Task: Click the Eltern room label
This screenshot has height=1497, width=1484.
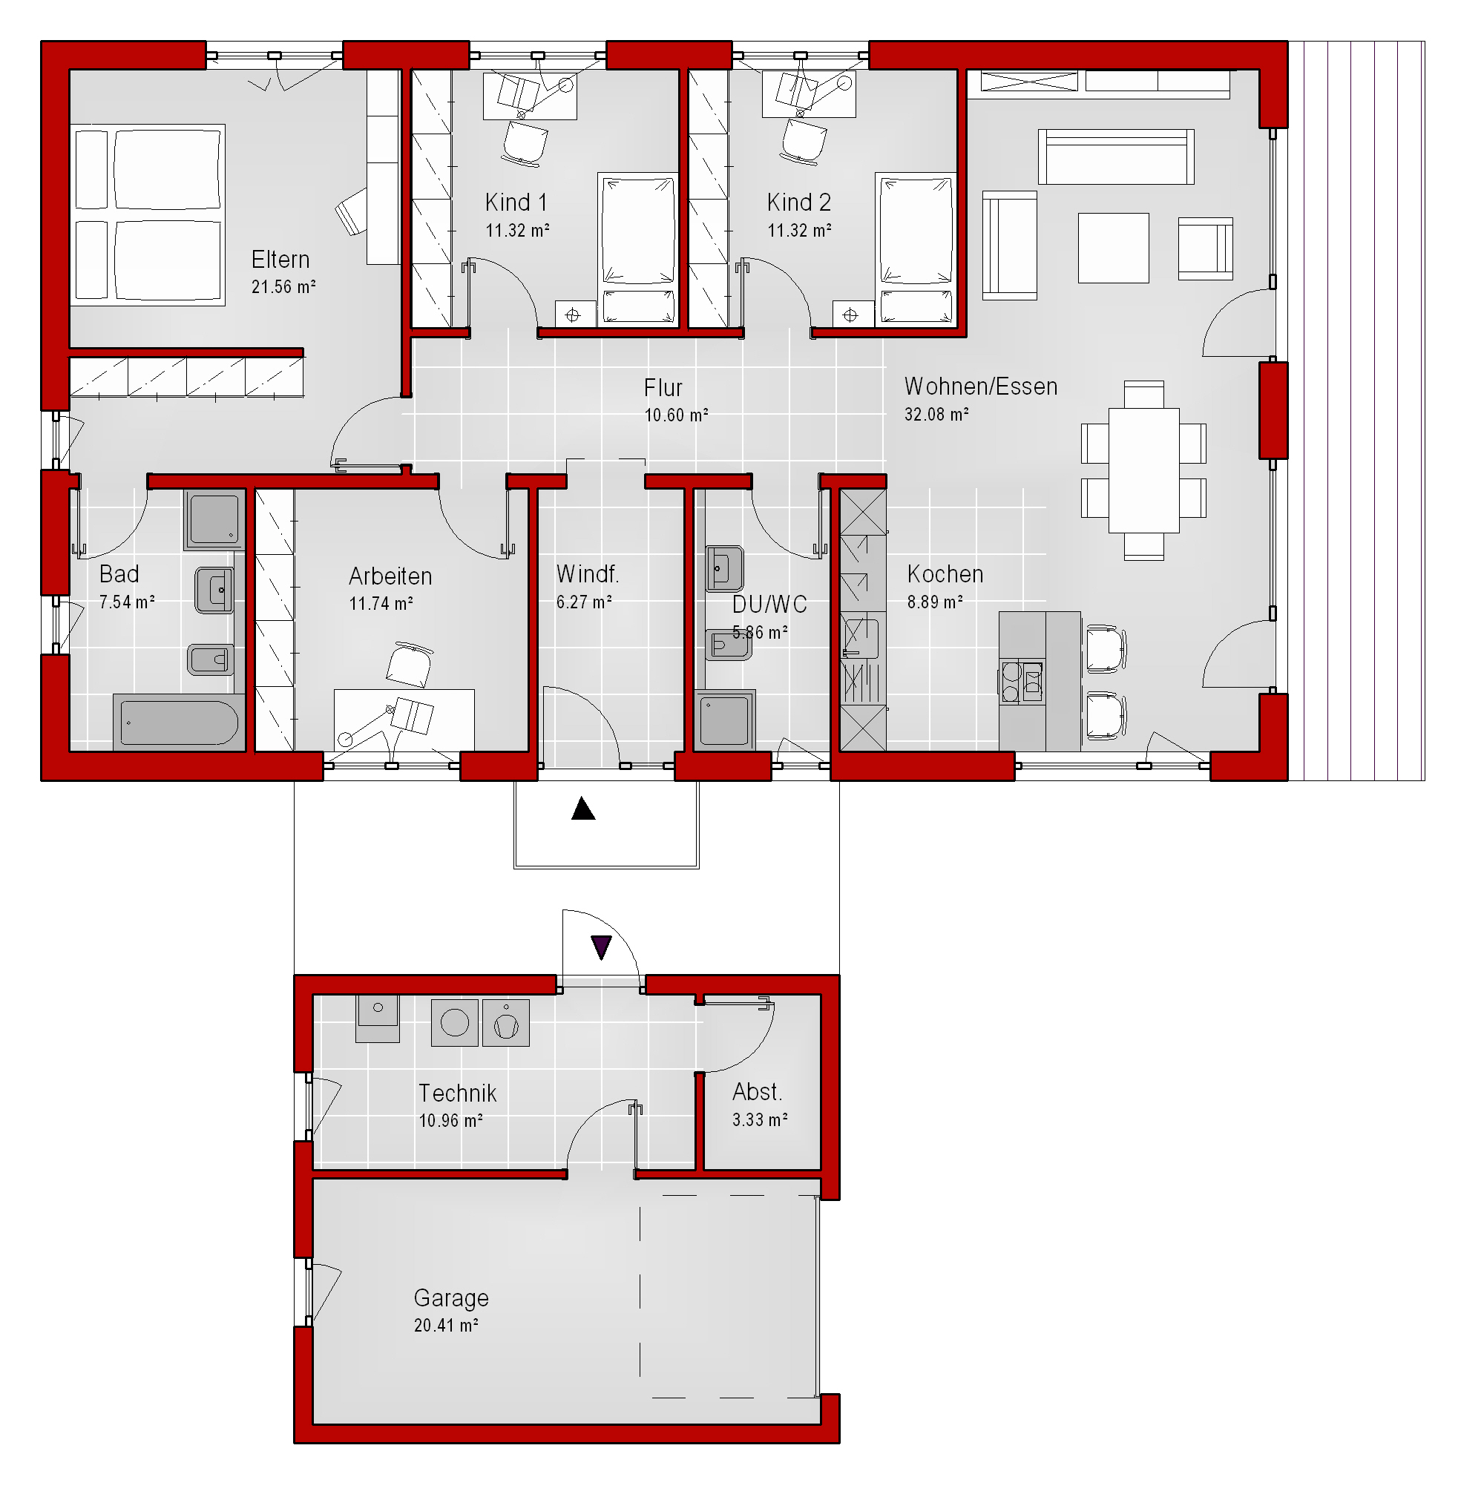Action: (x=280, y=259)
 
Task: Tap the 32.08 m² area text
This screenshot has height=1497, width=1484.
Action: (x=936, y=415)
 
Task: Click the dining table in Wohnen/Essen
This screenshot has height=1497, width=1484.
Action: (x=1144, y=470)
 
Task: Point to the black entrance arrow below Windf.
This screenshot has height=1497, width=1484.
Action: (x=582, y=809)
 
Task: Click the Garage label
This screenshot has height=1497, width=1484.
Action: (x=451, y=1297)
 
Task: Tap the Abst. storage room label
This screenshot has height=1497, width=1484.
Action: (x=757, y=1092)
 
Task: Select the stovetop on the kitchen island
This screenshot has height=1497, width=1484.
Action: (x=1022, y=681)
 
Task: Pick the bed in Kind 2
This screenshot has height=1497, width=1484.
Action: (x=916, y=247)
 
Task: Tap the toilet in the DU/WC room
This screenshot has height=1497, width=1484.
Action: (x=728, y=645)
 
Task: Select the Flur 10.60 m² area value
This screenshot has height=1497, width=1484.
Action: (x=677, y=415)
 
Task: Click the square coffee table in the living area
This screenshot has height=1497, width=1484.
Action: (x=1113, y=248)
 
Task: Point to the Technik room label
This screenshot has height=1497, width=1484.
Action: (x=457, y=1093)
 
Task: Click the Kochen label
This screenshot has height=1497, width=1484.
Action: (x=945, y=574)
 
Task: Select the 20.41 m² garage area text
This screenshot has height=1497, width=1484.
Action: (x=446, y=1325)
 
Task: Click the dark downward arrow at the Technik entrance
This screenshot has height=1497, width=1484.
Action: (x=601, y=947)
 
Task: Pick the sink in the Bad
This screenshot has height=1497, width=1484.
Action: (x=214, y=590)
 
